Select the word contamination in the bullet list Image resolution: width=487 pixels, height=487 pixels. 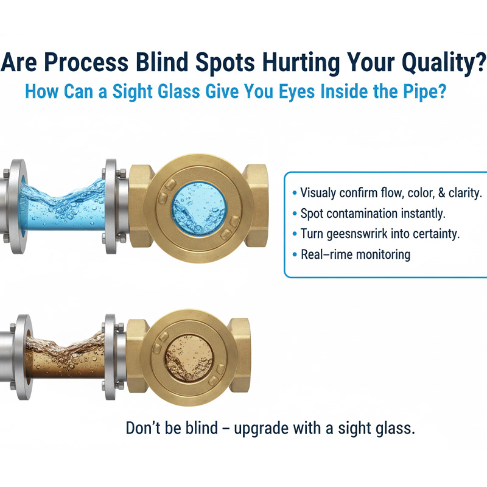(371, 213)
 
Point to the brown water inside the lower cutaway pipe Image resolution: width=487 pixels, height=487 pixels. (61, 353)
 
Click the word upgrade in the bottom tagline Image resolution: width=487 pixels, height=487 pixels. (257, 429)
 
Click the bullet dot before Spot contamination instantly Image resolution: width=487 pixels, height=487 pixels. (295, 214)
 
